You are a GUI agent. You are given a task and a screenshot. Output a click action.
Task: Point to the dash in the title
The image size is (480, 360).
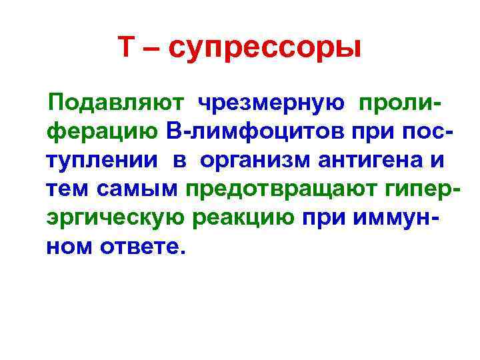[153, 48]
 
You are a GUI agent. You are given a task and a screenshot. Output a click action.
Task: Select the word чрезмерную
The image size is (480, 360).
[271, 103]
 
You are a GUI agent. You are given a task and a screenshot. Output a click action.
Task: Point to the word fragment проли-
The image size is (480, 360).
[401, 103]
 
